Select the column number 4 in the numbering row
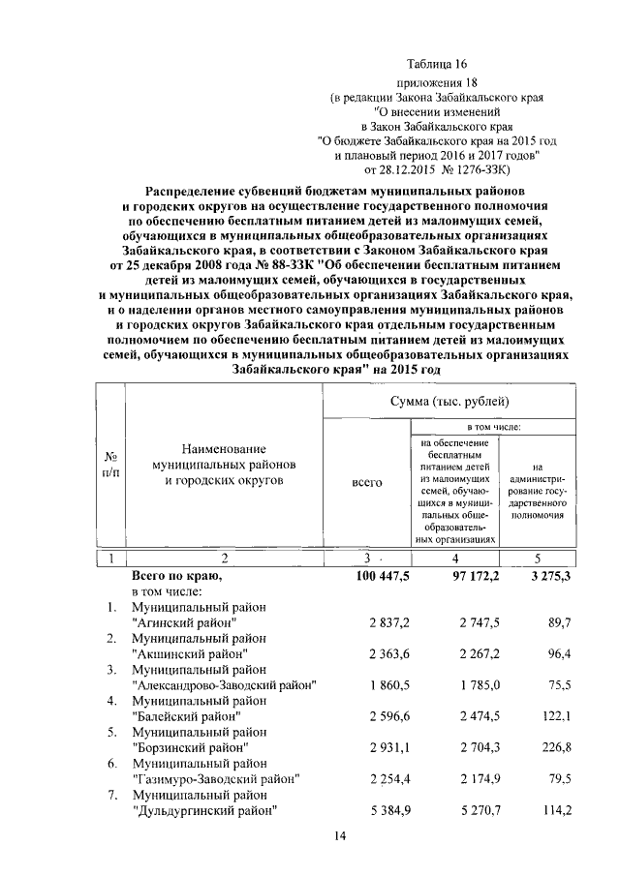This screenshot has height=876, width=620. pyautogui.click(x=455, y=559)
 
